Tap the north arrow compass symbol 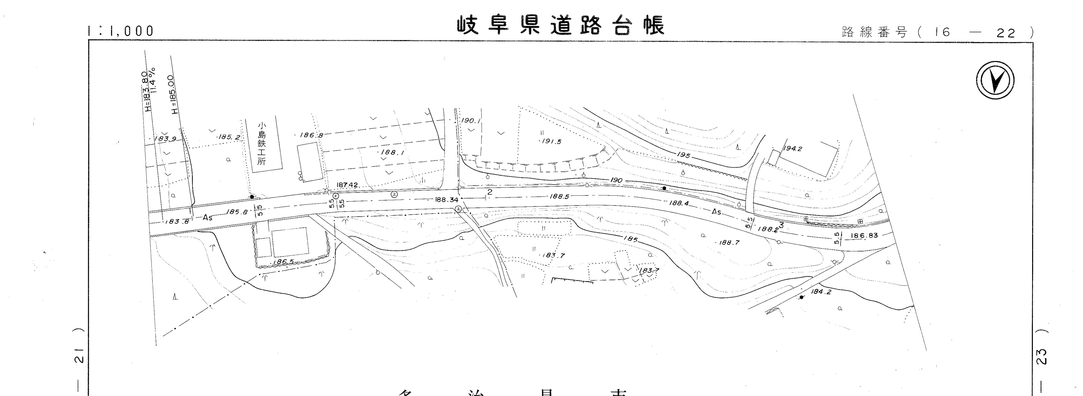coord(994,80)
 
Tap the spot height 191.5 coord(551,142)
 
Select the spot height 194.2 coord(793,148)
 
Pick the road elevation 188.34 coord(446,200)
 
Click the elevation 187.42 coord(347,185)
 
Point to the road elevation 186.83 coord(864,236)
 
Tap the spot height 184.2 coord(821,291)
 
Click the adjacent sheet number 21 coord(79,356)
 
